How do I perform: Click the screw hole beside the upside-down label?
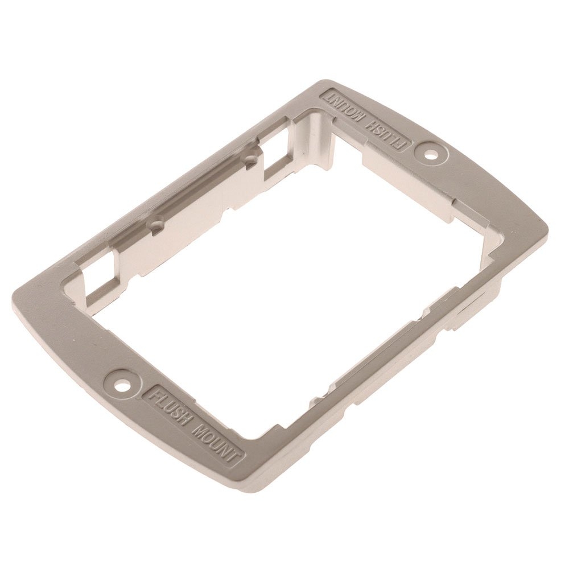(x=431, y=156)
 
